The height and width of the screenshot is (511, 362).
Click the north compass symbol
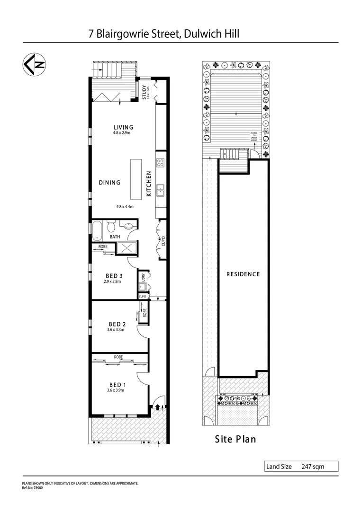(x=34, y=65)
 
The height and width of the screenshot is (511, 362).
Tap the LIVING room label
(x=123, y=127)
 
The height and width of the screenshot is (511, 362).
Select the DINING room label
(x=109, y=183)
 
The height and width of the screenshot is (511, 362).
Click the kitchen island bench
(x=136, y=180)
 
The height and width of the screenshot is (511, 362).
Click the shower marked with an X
(x=126, y=248)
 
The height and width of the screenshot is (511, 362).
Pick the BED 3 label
(x=114, y=276)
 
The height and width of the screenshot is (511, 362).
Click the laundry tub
(x=142, y=286)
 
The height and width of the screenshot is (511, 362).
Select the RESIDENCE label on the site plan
(x=243, y=274)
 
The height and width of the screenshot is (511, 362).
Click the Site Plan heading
(x=235, y=439)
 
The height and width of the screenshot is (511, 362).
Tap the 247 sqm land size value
(x=313, y=467)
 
